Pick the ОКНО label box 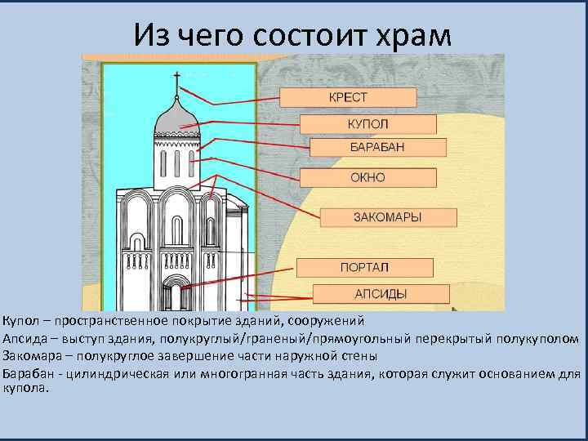click(368, 177)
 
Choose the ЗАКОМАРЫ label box click(386, 217)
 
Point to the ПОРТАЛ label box click(364, 267)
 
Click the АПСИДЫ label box click(380, 294)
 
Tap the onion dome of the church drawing click(176, 114)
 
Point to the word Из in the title click(154, 34)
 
